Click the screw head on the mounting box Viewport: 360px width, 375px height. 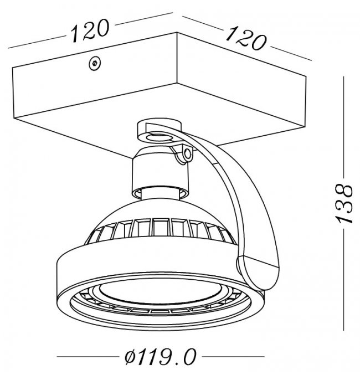click(95, 63)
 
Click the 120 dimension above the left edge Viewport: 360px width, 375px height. click(90, 30)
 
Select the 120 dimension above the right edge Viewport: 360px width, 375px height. click(246, 39)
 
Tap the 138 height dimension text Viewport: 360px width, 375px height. click(344, 203)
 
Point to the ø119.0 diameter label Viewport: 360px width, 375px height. click(160, 357)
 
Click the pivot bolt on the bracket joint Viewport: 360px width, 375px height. click(188, 154)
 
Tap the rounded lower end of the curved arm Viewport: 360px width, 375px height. click(257, 273)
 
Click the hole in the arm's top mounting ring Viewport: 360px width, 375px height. click(158, 137)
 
